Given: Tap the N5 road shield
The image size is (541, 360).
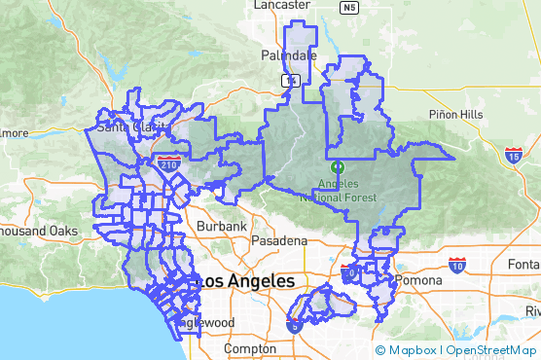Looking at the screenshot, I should [x=349, y=8].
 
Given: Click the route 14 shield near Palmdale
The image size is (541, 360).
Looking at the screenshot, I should [x=290, y=80].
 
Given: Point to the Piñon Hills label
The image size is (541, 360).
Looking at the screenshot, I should [x=455, y=114].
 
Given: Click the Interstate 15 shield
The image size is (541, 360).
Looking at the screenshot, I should [x=514, y=154].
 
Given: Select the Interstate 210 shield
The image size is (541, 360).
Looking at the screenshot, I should [x=169, y=165].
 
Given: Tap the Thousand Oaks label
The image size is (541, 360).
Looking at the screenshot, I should [x=39, y=231].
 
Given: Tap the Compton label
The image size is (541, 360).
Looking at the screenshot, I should [x=250, y=348].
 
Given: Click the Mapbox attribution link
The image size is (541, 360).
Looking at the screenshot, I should [x=409, y=350].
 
